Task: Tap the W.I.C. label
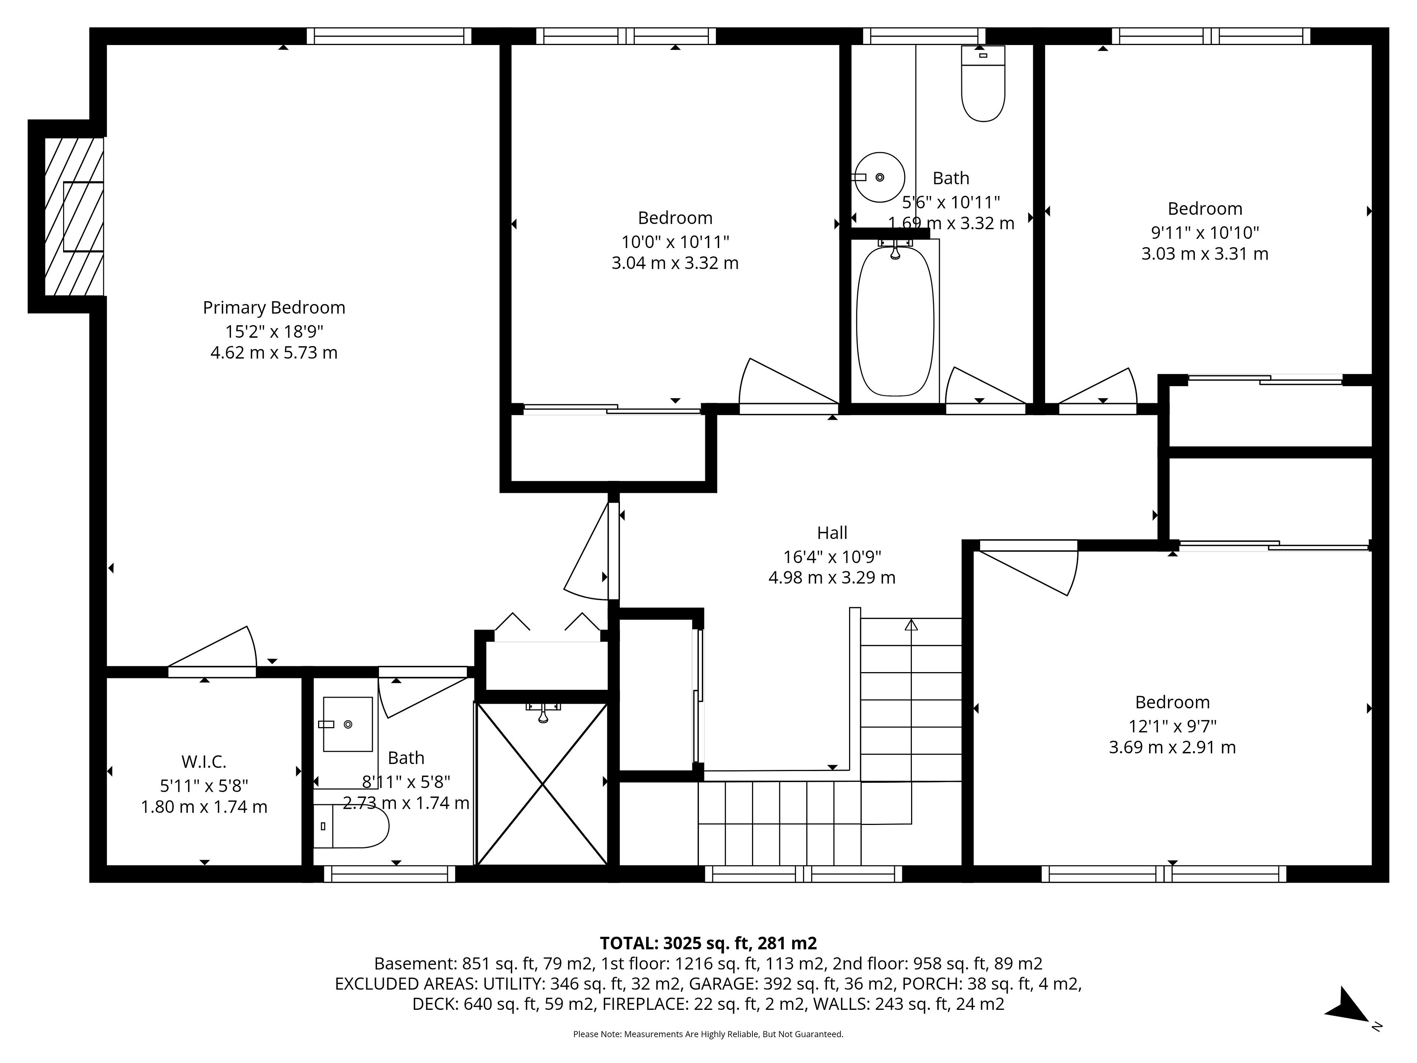204,762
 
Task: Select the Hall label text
832,533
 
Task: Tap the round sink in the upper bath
880,177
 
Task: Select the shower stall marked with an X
542,784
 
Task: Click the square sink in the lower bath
347,724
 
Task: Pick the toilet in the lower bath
351,826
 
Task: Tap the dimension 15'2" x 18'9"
274,331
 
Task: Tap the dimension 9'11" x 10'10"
1205,232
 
